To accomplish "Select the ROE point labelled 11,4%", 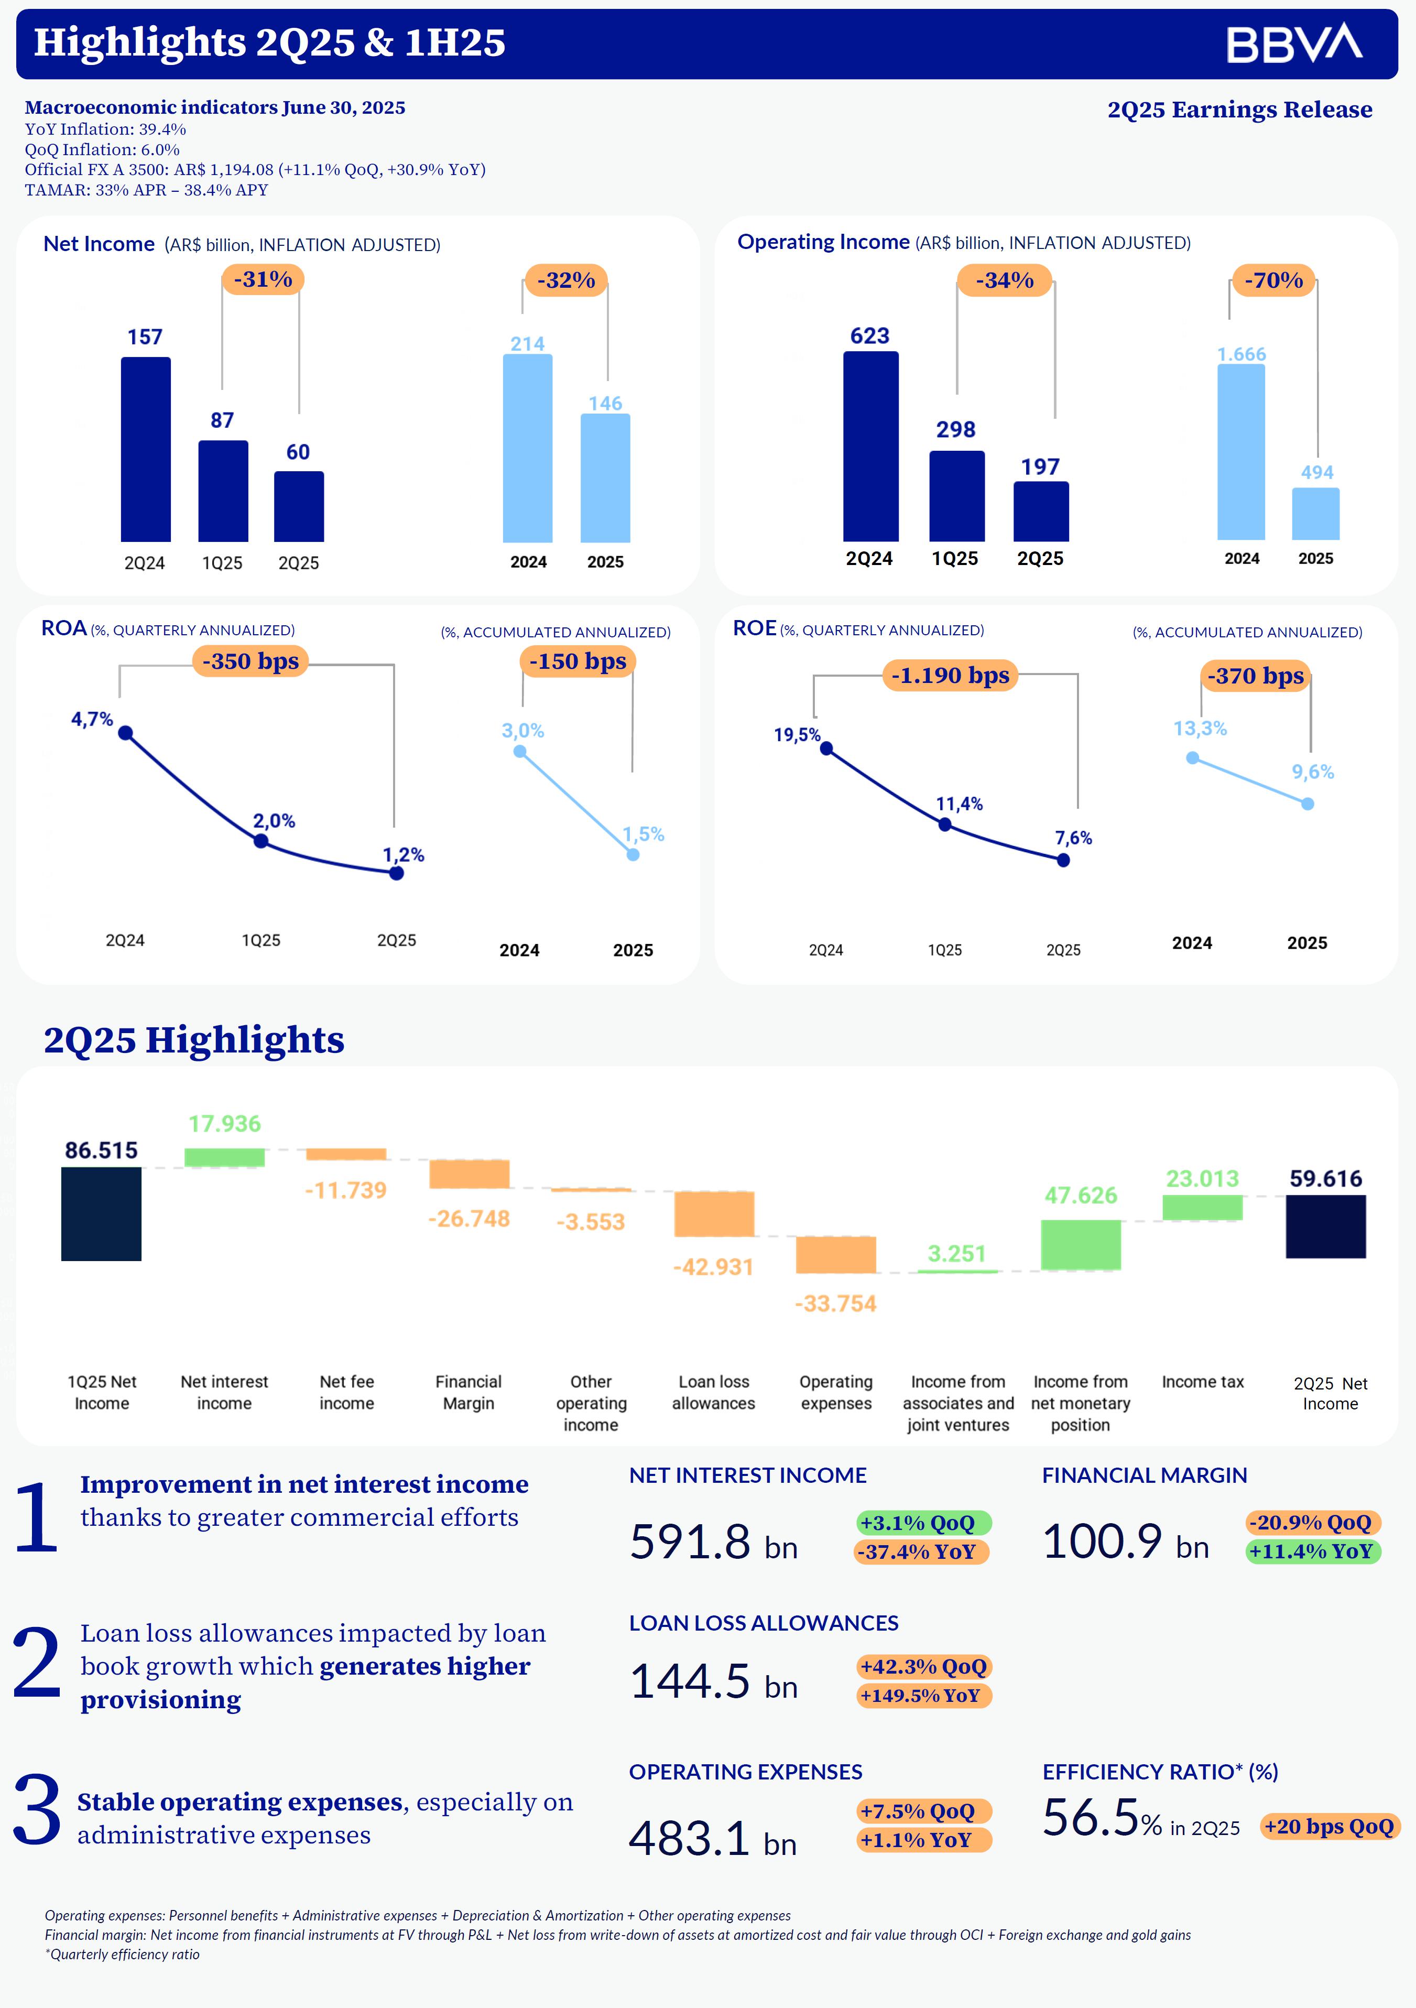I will click(x=944, y=824).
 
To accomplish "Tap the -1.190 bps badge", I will click(x=950, y=675).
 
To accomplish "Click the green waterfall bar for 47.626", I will click(x=1080, y=1244).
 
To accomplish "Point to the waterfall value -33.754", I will click(x=835, y=1303).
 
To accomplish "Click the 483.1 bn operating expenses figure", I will click(x=712, y=1838).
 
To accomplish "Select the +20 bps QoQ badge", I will click(x=1328, y=1826).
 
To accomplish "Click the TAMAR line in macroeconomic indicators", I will click(x=146, y=190).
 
